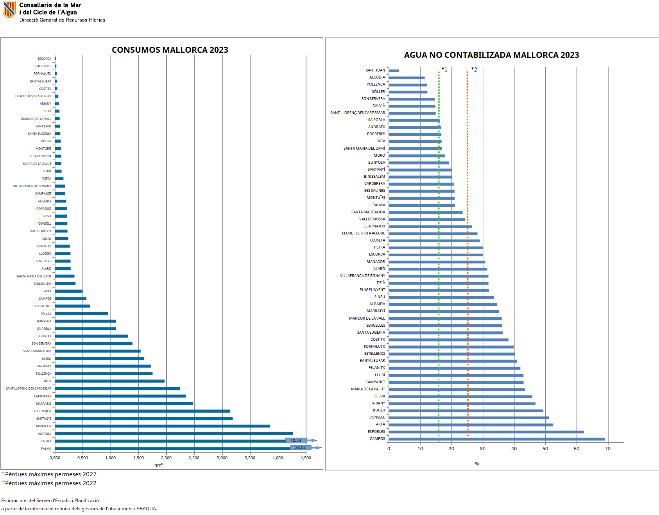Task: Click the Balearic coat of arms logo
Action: coord(9,9)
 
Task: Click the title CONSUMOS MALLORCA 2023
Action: coord(170,50)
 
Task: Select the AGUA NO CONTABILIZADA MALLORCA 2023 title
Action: coord(491,55)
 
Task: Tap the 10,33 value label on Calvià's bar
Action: coord(295,440)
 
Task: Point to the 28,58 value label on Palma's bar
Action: coord(300,447)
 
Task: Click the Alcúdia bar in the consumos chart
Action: coord(174,433)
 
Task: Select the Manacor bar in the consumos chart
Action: coord(162,426)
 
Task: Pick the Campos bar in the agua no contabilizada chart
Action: coord(496,439)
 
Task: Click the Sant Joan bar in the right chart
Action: coord(394,71)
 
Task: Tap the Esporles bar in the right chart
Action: coord(486,432)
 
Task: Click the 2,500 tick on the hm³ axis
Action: coord(194,458)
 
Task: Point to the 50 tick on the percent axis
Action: coord(545,449)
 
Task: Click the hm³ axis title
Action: coord(158,465)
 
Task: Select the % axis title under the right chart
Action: coord(477,464)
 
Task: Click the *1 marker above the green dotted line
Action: coord(444,70)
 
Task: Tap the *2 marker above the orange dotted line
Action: coord(474,70)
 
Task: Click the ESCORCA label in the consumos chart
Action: coord(45,59)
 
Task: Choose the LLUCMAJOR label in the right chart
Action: coord(374,226)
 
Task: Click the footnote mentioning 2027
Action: coord(49,474)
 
